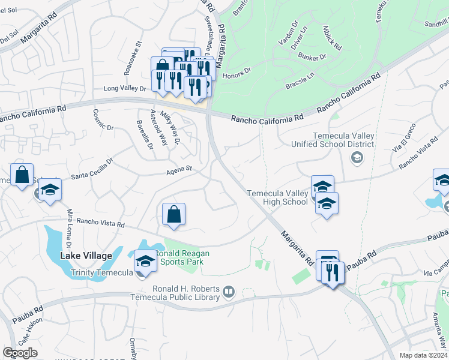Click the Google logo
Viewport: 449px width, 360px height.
(x=20, y=353)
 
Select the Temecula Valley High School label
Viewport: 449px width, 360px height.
(x=277, y=197)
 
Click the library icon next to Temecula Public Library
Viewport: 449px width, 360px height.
(x=228, y=292)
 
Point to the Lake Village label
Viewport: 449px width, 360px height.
(x=86, y=256)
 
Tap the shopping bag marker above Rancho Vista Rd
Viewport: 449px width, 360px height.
(x=173, y=215)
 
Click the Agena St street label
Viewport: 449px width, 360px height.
(x=179, y=170)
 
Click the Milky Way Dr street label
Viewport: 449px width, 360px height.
(x=176, y=132)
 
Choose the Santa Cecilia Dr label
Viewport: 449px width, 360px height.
(x=92, y=169)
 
